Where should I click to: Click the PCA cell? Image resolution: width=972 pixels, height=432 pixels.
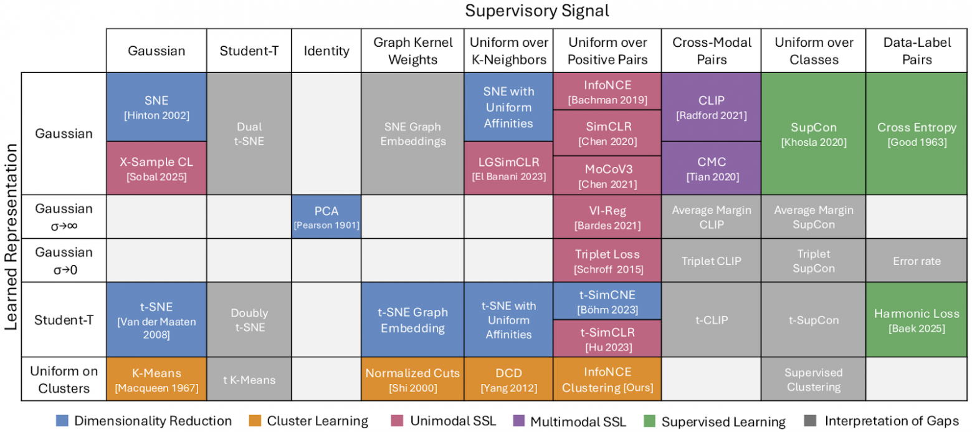(x=326, y=216)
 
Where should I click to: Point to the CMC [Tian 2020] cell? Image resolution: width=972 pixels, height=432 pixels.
(x=712, y=168)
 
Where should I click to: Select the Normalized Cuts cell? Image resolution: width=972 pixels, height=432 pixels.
(x=412, y=379)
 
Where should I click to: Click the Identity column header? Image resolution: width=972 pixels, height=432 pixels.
(x=326, y=51)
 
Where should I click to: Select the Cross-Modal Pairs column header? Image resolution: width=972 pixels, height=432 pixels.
(x=712, y=51)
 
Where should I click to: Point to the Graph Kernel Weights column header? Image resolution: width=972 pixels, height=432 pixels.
(x=412, y=51)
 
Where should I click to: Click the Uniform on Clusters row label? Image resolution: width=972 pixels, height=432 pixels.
(x=64, y=379)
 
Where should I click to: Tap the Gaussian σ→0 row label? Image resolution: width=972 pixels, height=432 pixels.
(x=64, y=261)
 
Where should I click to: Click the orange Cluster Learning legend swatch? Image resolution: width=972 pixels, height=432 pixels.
(x=254, y=421)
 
